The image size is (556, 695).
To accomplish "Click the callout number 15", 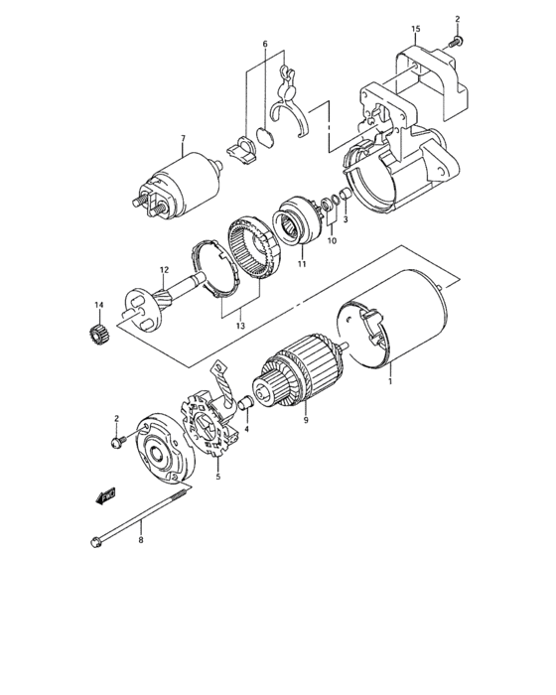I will click(x=415, y=29).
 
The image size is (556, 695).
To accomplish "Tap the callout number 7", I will click(x=183, y=138).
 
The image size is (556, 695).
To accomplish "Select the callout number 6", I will click(x=265, y=45).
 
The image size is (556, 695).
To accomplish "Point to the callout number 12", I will click(x=165, y=270).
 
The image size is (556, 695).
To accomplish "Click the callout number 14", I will click(x=98, y=304).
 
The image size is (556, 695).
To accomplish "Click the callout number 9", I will click(x=307, y=421).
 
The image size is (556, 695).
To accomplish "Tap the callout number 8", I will click(x=141, y=540).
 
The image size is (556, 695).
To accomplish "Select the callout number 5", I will click(x=218, y=476).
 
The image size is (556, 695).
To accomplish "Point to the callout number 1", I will click(x=391, y=378).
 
